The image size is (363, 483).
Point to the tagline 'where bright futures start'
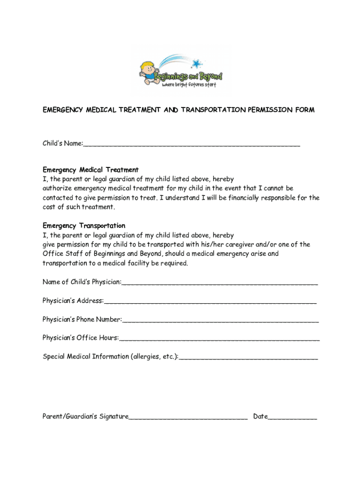[x=189, y=85]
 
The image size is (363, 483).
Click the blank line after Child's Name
[x=191, y=144]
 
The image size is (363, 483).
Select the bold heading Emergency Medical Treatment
[x=91, y=170]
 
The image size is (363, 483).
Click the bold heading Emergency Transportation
[x=84, y=226]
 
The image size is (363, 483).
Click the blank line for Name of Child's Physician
[x=220, y=283]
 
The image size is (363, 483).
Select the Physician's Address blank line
[x=210, y=301]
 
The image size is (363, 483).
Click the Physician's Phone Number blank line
[x=220, y=320]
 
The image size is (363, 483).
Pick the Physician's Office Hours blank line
[x=219, y=338]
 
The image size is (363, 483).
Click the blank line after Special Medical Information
[x=248, y=358]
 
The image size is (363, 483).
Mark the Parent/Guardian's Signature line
[x=188, y=417]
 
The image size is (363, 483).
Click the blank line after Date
[x=292, y=417]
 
